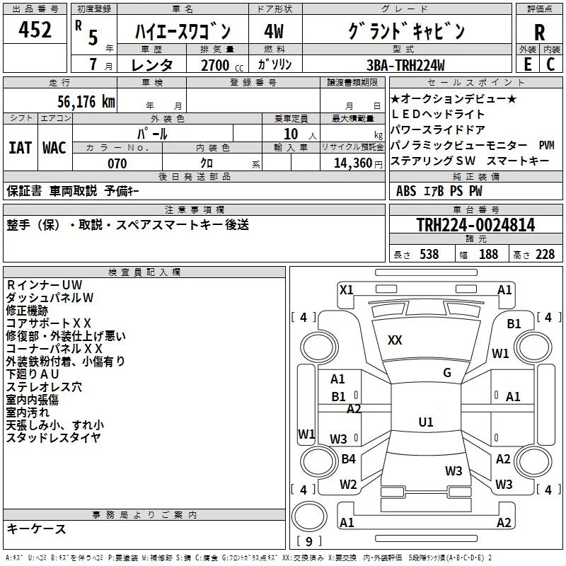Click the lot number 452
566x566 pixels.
click(x=35, y=29)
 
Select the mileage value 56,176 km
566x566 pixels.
click(x=86, y=102)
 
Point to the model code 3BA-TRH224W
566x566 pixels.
click(x=405, y=65)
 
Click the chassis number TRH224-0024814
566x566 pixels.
click(x=475, y=225)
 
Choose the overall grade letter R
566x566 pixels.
click(x=539, y=33)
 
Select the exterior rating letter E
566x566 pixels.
click(x=527, y=64)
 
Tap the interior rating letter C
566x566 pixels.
click(x=550, y=64)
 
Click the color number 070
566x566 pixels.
click(x=117, y=163)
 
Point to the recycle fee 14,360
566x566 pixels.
click(x=353, y=163)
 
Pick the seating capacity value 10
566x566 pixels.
click(x=291, y=134)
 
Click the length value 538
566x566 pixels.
click(x=429, y=254)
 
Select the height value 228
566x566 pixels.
click(x=545, y=254)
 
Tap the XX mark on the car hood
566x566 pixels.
click(x=395, y=340)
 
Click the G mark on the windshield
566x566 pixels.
click(x=447, y=373)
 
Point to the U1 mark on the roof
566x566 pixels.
click(x=426, y=422)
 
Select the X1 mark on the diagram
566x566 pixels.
click(x=347, y=290)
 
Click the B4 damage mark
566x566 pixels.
click(x=348, y=458)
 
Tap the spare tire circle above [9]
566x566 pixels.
click(x=309, y=516)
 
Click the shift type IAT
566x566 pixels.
click(x=20, y=148)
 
